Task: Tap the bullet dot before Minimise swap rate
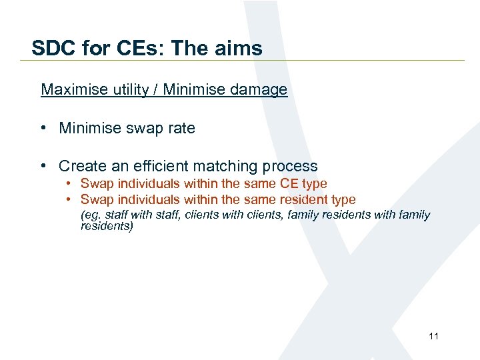45,129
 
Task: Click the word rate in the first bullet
181,128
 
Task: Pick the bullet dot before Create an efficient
45,166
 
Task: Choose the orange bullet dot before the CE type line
69,184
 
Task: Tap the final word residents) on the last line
107,227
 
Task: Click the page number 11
433,336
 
